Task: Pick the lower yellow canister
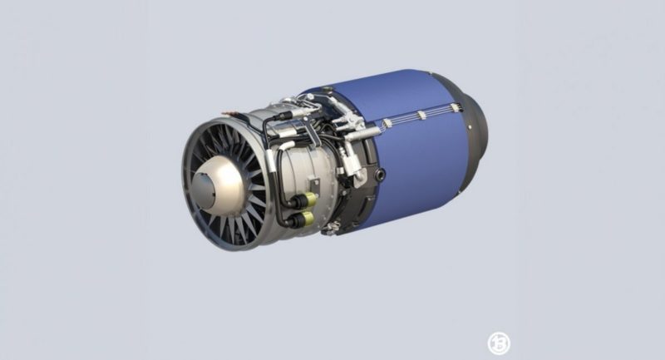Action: [x=305, y=219]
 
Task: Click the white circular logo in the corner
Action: [x=498, y=343]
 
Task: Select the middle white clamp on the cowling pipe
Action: [x=421, y=116]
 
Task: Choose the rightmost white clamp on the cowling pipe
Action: [x=454, y=106]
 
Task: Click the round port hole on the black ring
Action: [x=381, y=175]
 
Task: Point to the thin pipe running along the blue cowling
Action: [x=416, y=119]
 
